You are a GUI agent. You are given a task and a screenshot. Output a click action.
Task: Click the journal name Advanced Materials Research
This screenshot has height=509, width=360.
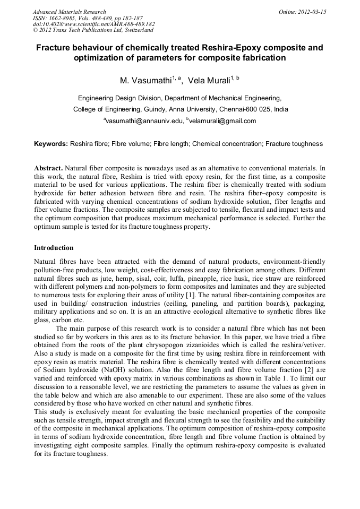pyautogui.click(x=69, y=12)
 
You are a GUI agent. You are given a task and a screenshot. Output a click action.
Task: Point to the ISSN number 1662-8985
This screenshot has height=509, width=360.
pyautogui.click(x=67, y=18)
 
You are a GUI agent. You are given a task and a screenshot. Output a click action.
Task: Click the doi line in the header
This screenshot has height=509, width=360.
pyautogui.click(x=94, y=24)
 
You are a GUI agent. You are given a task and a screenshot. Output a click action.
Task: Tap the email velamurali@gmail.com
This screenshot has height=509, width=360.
pyautogui.click(x=222, y=121)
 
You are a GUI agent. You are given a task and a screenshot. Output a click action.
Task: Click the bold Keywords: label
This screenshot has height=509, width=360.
pyautogui.click(x=51, y=144)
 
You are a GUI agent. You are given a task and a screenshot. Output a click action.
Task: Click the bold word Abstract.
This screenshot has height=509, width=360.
pyautogui.click(x=48, y=168)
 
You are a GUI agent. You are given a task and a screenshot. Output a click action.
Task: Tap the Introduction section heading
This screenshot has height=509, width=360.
pyautogui.click(x=54, y=248)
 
